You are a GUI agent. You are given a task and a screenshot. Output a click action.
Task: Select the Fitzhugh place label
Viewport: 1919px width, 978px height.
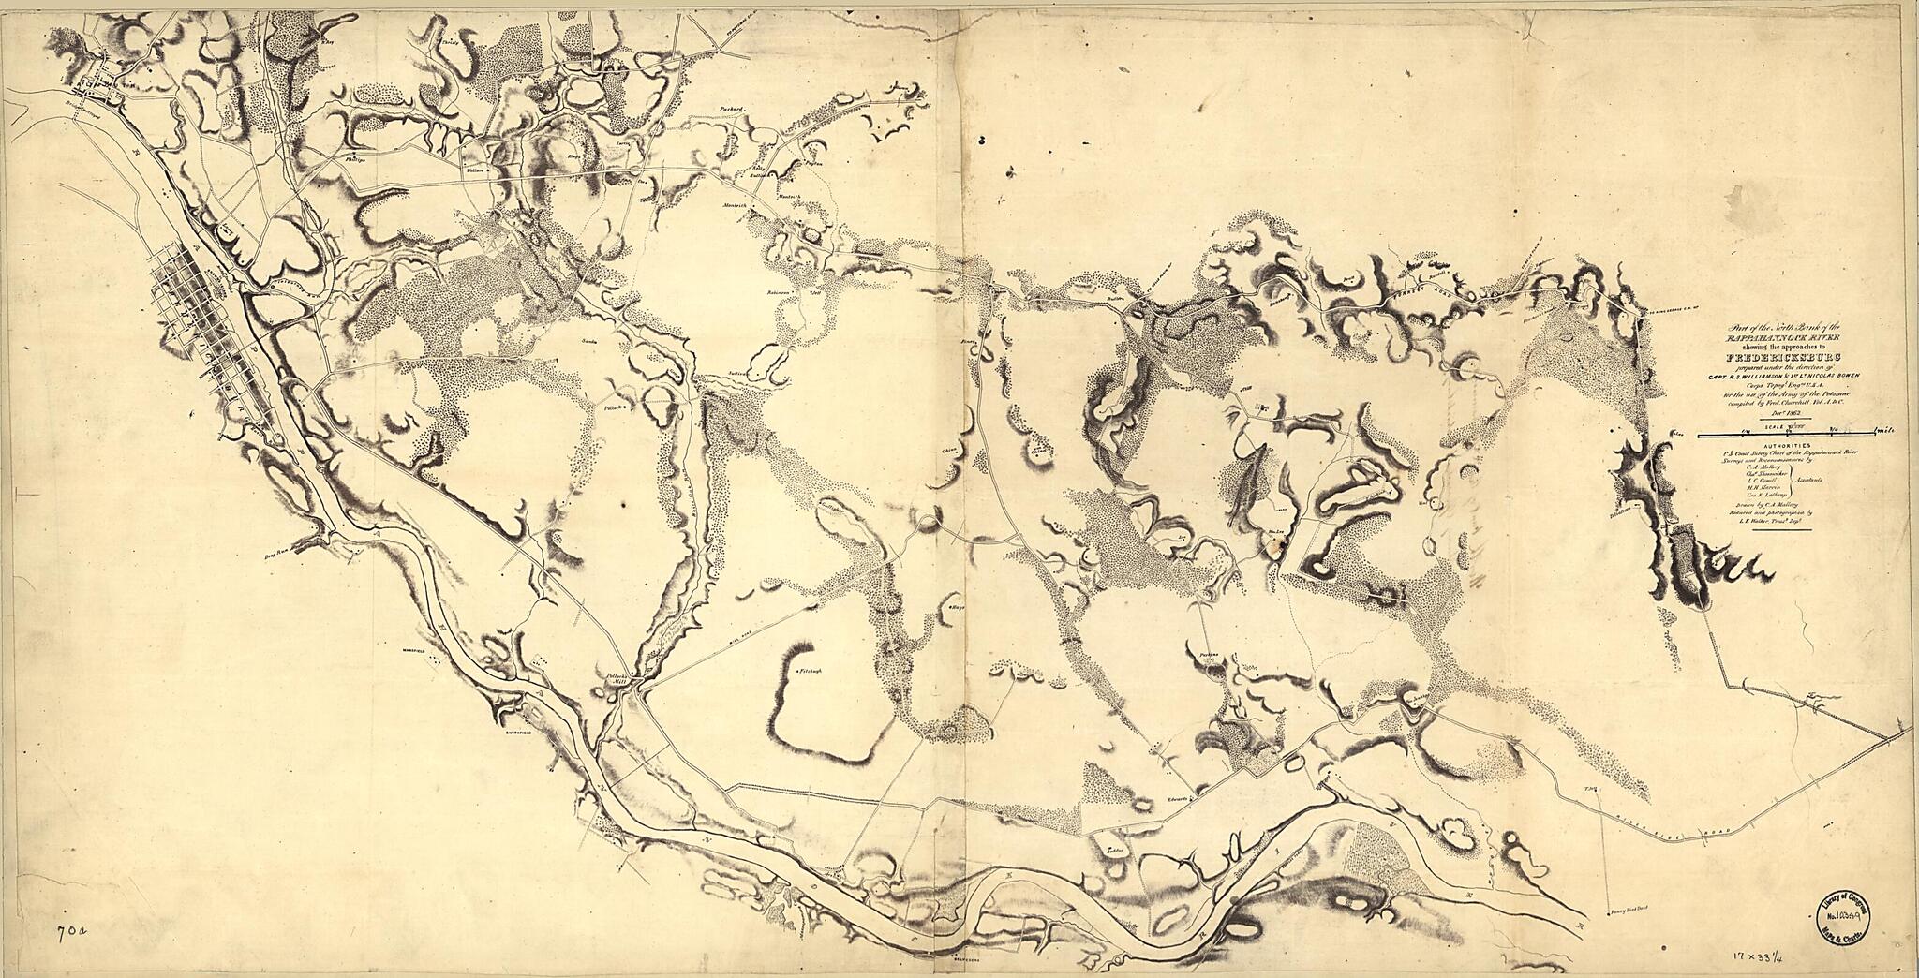(x=810, y=672)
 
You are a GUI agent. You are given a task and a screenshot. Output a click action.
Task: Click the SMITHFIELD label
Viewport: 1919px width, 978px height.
(x=516, y=733)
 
